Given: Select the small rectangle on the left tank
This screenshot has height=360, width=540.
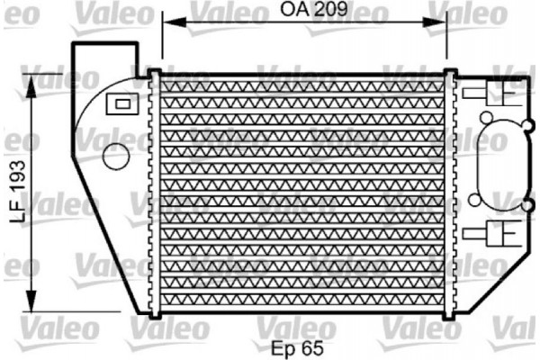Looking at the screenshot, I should coord(119,104).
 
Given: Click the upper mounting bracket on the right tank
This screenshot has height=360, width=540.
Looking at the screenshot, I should coord(494,94).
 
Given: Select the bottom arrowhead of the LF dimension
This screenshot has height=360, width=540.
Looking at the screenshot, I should coord(33,301).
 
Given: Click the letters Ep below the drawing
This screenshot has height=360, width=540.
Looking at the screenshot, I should coord(284,346).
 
